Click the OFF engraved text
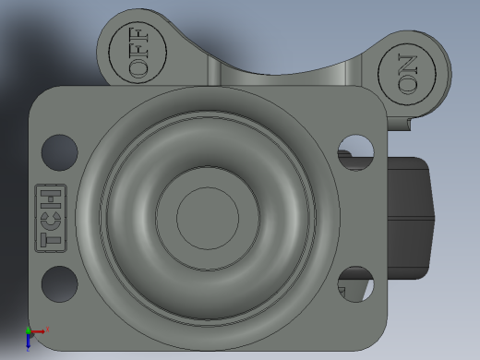click(138, 53)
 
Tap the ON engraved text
click(407, 74)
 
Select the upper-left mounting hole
click(60, 152)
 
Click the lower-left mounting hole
click(60, 284)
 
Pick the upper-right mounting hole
click(355, 152)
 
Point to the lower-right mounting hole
click(355, 284)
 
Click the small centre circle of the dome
click(208, 218)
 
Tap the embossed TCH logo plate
click(51, 218)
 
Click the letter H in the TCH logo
click(51, 198)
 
